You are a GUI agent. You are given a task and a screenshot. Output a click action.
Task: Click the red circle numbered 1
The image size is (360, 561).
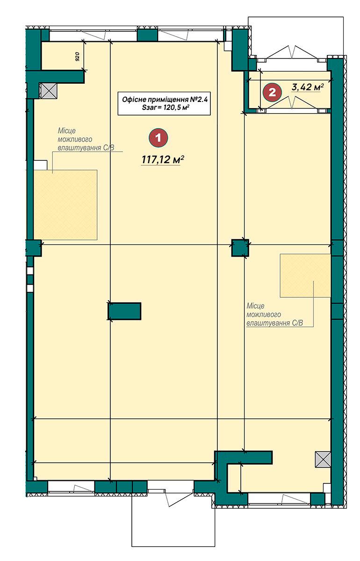coord(158,137)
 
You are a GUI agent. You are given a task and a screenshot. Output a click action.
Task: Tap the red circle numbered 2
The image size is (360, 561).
coord(272,93)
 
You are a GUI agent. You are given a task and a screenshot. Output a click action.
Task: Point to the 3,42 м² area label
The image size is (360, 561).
coord(307,87)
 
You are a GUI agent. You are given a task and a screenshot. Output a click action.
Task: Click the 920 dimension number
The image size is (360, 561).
coord(77,57)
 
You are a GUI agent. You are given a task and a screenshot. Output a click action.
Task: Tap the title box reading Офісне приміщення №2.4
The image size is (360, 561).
coord(164,103)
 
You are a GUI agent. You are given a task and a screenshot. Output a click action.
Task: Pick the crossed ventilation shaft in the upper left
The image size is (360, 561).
coord(49,91)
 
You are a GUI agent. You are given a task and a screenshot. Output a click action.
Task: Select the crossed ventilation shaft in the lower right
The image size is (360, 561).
coord(323,459)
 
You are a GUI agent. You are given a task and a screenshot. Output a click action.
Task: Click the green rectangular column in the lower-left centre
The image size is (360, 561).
coord(124,311)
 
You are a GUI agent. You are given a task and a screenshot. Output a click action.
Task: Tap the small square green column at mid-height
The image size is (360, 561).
coord(240,248)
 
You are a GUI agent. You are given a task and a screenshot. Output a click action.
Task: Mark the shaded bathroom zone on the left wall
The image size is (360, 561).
coord(65,205)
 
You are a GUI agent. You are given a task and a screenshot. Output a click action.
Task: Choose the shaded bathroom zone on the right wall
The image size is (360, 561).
coord(305,276)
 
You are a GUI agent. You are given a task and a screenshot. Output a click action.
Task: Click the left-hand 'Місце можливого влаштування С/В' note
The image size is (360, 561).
coord(86,139)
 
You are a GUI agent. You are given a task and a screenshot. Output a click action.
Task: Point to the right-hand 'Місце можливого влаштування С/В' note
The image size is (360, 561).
coord(274,315)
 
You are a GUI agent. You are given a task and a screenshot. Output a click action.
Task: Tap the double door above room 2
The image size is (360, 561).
coord(292,53)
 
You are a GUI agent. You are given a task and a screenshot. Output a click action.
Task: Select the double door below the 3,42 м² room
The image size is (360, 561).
coord(292,103)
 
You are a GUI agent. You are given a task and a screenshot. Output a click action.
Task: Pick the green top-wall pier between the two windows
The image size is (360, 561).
coord(148,36)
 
